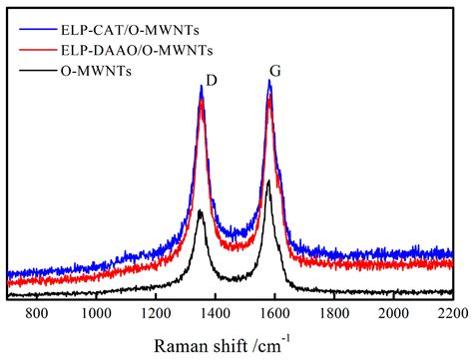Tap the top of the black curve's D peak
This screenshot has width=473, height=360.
201,210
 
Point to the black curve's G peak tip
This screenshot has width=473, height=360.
268,180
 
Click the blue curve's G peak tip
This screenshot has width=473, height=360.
269,82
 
